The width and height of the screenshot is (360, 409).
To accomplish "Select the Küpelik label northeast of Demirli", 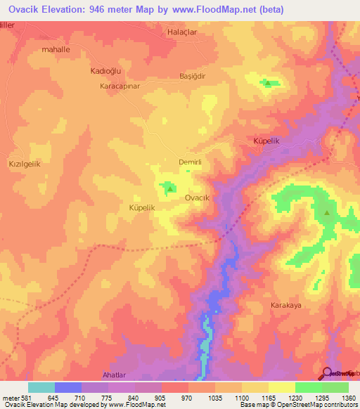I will [x=266, y=141].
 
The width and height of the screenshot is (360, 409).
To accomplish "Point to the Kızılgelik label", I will [x=25, y=163].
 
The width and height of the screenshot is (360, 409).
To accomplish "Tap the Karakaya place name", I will [x=286, y=306].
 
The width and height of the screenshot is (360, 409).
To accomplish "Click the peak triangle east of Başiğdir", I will [x=268, y=84].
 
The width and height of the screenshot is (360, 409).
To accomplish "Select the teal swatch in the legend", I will [x=41, y=387].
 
